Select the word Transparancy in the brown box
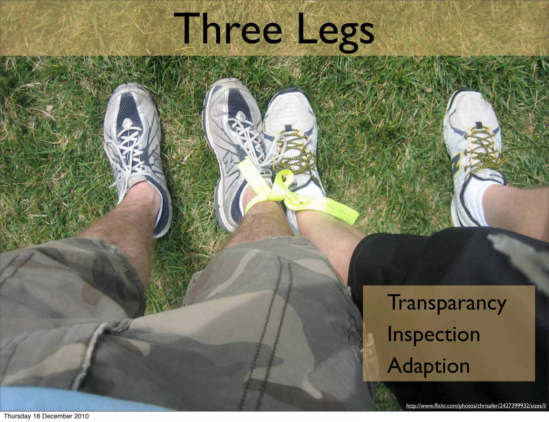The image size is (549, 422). pos(446,303)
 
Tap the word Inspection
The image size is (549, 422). pos(433,335)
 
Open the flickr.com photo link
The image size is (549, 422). pos(476,406)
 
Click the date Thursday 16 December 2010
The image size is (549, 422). pos(46,416)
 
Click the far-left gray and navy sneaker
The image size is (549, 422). pos(137,150)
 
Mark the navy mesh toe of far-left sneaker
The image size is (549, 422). pos(129,107)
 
